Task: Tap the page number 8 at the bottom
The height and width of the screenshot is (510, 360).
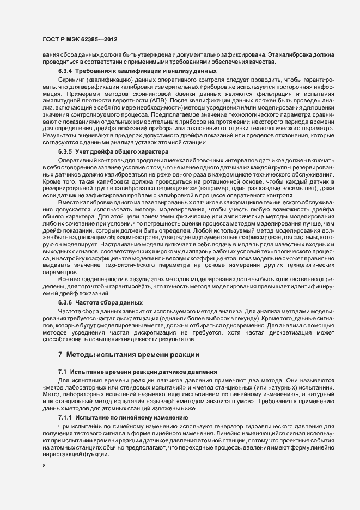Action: [x=44, y=466]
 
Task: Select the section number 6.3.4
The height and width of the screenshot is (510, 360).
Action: [x=66, y=72]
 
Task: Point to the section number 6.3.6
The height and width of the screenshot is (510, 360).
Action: [x=66, y=302]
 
